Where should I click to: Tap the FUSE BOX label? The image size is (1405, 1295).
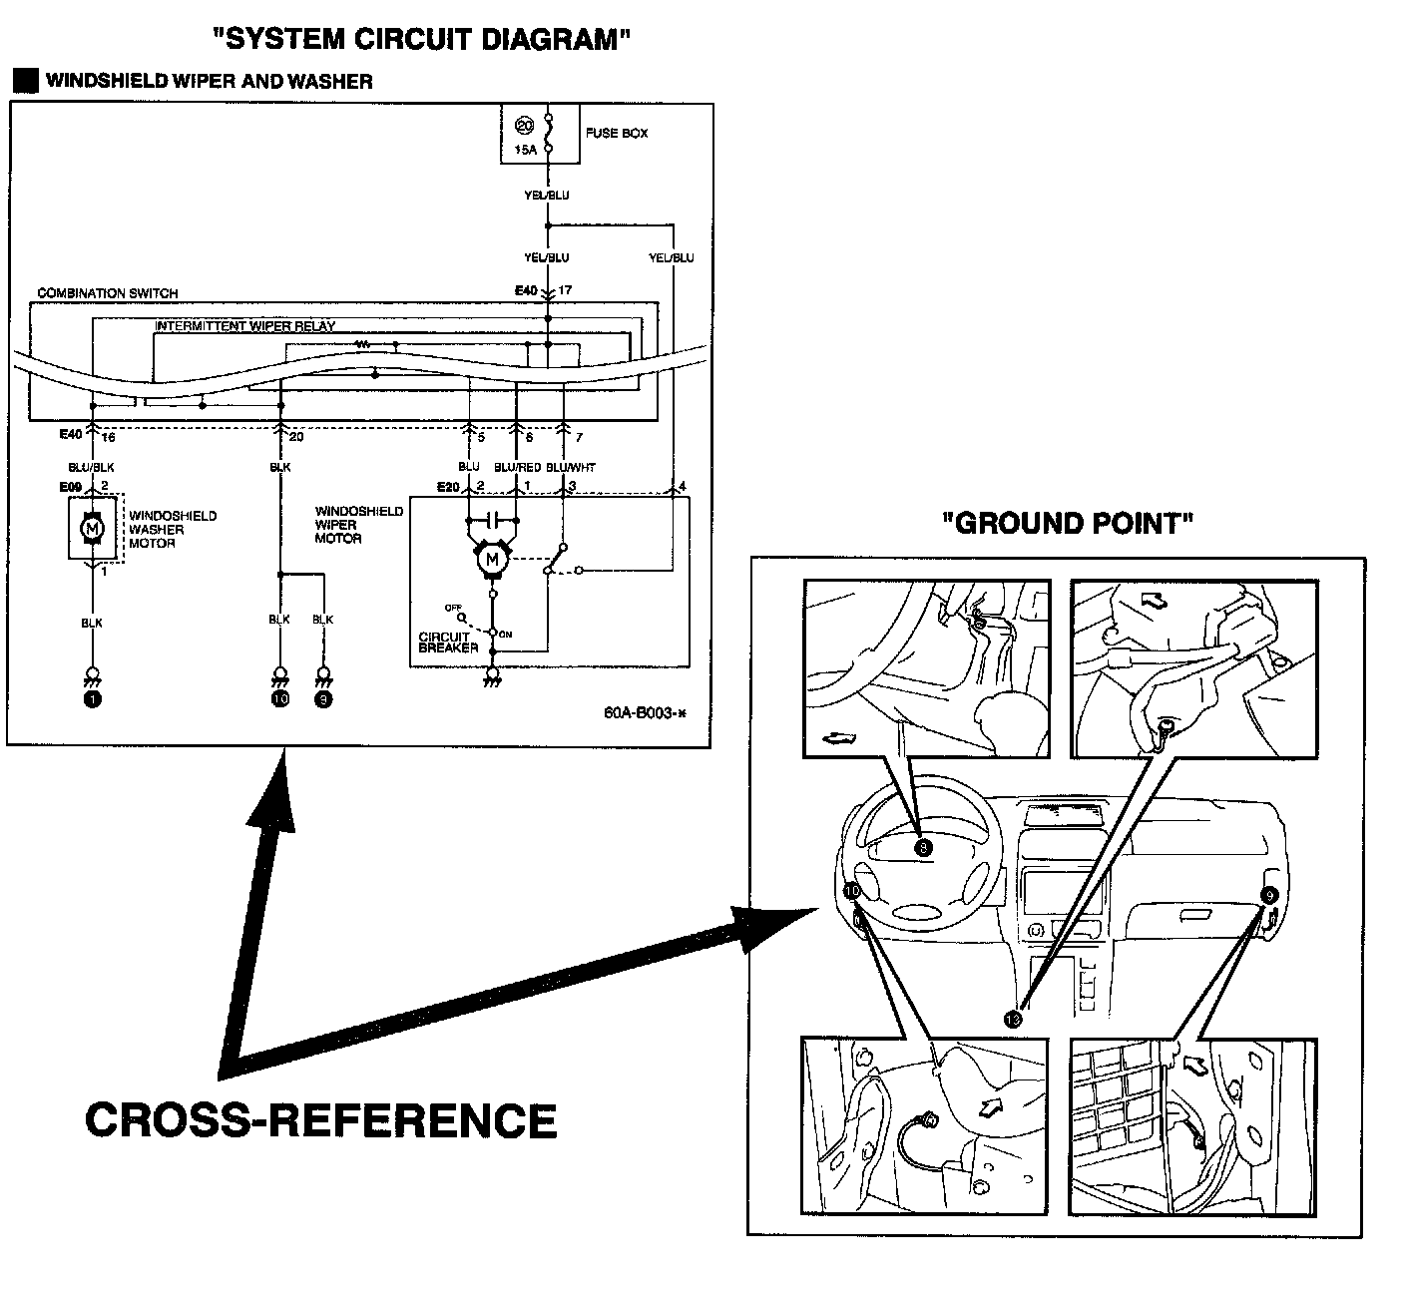(x=616, y=133)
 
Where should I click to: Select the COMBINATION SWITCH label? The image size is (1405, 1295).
(x=108, y=293)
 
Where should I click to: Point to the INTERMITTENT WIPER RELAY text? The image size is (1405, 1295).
(x=244, y=326)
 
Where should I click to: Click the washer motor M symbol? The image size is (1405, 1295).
(x=92, y=526)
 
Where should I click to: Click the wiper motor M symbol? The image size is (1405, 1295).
(x=491, y=561)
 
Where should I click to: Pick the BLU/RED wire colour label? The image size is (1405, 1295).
(x=517, y=467)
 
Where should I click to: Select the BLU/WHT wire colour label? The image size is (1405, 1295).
(x=571, y=467)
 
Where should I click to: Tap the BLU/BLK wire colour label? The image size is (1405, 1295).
(x=92, y=467)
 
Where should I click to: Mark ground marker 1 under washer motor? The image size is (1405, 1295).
(x=92, y=699)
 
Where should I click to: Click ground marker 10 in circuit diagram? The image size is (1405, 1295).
(x=279, y=699)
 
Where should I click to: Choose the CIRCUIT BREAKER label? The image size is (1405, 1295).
(x=448, y=643)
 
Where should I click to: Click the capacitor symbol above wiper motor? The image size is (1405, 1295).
(x=491, y=520)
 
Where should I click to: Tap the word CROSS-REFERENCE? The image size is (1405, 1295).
(x=320, y=1119)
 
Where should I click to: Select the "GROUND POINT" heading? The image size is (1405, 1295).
(x=1068, y=524)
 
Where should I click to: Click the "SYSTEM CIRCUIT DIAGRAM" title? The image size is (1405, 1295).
(x=423, y=39)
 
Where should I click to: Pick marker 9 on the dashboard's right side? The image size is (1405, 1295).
(x=1269, y=896)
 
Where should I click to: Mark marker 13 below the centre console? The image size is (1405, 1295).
(x=1013, y=1019)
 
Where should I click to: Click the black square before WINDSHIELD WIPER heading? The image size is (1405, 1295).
(x=25, y=81)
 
